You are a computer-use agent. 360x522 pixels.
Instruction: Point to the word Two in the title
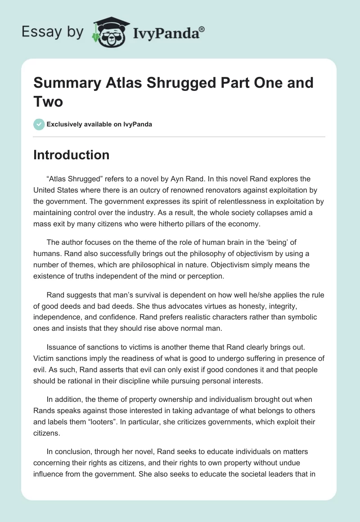48,102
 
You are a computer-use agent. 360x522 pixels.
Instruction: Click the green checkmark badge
39,124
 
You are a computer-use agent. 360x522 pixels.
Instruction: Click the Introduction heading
72,155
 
